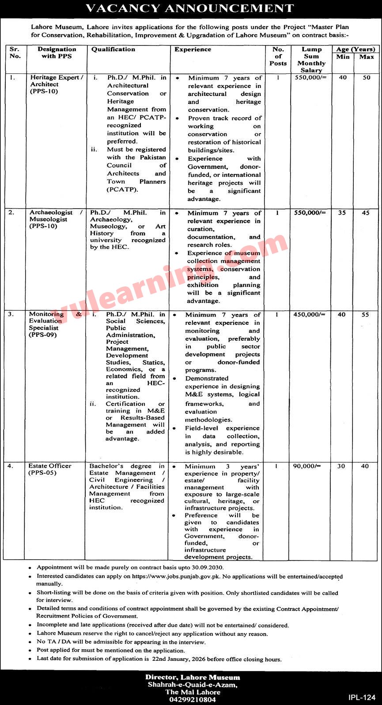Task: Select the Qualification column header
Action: coord(113,50)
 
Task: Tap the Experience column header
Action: coord(193,50)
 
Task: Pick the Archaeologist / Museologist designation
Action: coord(56,216)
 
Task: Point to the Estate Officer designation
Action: coord(50,466)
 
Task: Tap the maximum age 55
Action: coord(364,315)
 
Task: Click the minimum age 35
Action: coord(341,213)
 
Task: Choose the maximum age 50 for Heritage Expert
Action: coord(367,78)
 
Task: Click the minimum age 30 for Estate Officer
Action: coord(341,466)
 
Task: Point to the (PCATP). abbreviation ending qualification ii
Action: coord(122,190)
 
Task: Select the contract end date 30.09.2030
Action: coord(208,567)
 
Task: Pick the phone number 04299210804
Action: coord(193,700)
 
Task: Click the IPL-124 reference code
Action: coord(361,697)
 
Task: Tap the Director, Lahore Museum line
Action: coord(193,677)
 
